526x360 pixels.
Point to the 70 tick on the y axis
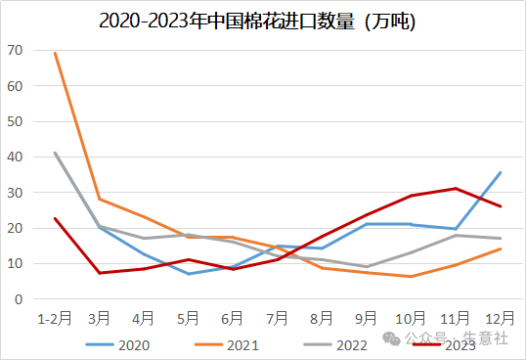(14, 49)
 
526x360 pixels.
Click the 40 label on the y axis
(14, 157)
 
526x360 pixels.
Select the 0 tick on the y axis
(18, 299)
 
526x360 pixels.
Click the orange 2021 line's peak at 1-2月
(55, 53)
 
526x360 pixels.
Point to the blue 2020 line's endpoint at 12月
(501, 172)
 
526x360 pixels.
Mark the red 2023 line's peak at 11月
(456, 188)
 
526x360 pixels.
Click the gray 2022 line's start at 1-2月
(55, 153)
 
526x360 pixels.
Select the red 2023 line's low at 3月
(99, 273)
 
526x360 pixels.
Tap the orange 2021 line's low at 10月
(411, 277)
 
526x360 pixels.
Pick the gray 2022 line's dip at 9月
(367, 267)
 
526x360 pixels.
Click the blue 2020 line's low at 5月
(188, 274)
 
